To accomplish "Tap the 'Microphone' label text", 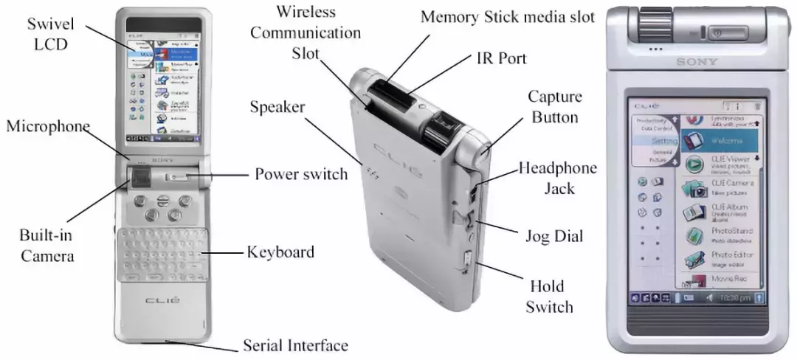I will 48,126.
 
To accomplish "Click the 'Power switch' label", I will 300,175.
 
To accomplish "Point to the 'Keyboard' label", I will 280,252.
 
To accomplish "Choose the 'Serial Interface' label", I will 295,345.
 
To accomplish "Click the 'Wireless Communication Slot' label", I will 318,33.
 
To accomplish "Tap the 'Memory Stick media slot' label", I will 507,17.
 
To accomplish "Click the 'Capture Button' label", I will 554,107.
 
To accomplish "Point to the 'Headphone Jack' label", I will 557,179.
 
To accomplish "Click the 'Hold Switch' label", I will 549,296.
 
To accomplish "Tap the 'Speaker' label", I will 277,107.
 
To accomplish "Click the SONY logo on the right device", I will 697,62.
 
